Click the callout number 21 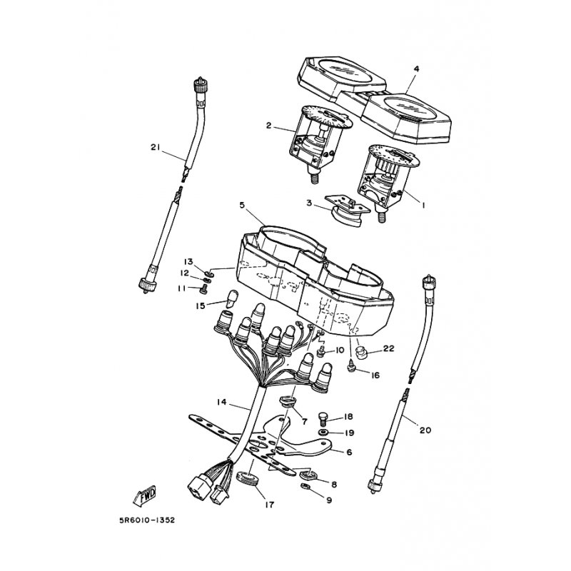point(155,148)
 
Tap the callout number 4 point(416,69)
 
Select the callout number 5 point(242,205)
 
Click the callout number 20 point(425,430)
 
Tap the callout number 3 point(308,204)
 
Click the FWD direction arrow point(145,496)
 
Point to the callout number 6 point(349,452)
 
